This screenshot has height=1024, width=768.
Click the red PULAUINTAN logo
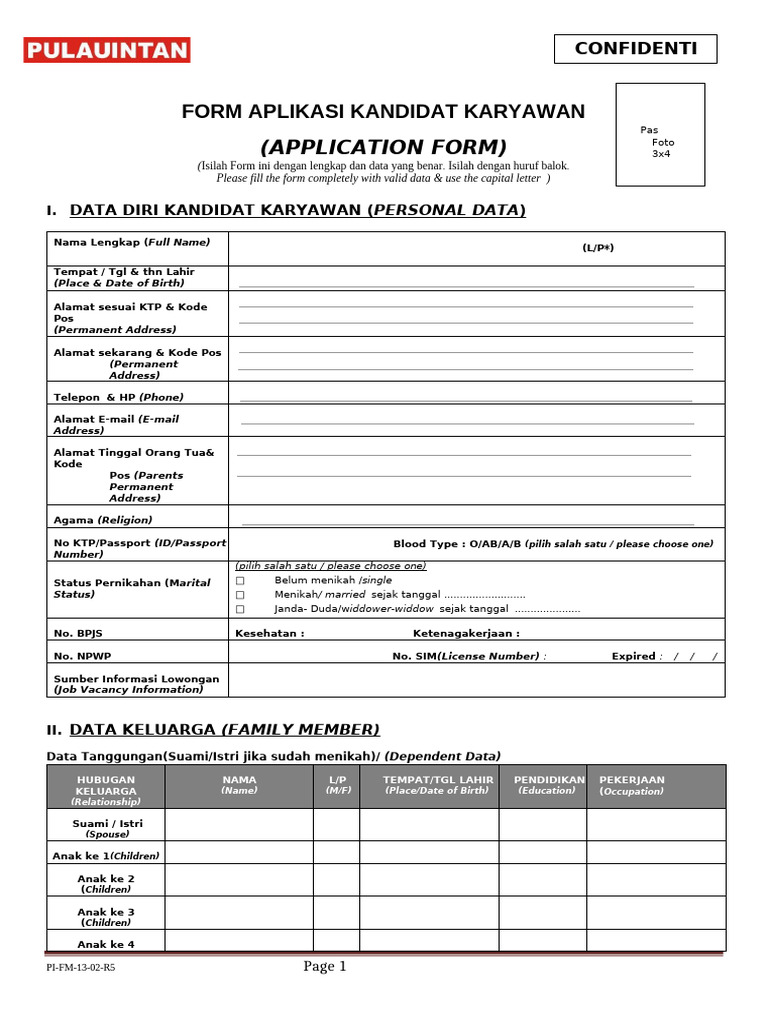[107, 50]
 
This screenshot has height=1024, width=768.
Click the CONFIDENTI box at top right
[636, 48]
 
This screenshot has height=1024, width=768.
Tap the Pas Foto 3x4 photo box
[660, 135]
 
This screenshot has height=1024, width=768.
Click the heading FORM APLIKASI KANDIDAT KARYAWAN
[383, 111]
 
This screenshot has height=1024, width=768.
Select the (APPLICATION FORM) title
[383, 147]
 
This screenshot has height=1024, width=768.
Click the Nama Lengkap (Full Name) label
[132, 242]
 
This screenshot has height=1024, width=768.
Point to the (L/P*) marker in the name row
[598, 247]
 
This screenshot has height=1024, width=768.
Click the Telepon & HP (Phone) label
[119, 397]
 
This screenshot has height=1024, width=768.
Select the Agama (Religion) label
[103, 520]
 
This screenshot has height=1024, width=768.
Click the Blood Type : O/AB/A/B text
[457, 544]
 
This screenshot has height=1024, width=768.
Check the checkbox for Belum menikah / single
[240, 580]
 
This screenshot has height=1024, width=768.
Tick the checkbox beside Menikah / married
[240, 594]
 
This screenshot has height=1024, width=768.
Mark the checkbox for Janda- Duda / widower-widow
[240, 609]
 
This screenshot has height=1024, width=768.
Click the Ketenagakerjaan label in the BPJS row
[466, 633]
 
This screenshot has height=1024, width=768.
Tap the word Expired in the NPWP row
[634, 656]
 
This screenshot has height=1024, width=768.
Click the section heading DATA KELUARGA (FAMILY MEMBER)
[224, 730]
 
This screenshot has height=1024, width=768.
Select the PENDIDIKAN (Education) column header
[548, 785]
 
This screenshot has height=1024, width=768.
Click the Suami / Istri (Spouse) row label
[105, 828]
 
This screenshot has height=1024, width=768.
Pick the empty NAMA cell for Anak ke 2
[239, 880]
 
